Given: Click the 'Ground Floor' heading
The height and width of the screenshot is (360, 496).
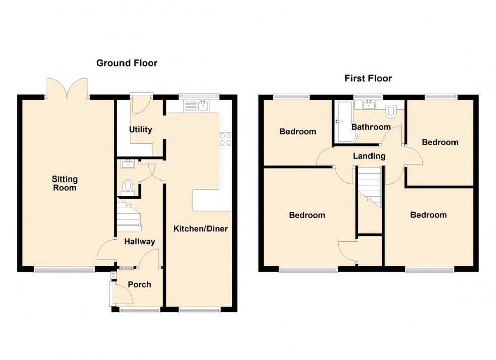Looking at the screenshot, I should click(x=127, y=63).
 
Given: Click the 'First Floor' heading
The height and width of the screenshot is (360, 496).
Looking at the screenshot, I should click(x=368, y=78).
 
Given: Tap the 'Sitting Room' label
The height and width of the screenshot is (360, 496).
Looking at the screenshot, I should click(x=65, y=183).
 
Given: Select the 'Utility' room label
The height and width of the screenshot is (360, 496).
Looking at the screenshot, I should click(x=140, y=130).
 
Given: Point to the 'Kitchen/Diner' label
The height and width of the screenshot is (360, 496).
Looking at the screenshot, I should click(x=200, y=229).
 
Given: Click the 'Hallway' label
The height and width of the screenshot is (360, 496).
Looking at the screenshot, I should click(x=140, y=242).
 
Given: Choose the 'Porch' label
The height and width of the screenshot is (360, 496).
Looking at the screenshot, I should click(x=139, y=284).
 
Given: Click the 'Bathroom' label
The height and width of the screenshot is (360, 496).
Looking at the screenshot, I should click(x=370, y=127).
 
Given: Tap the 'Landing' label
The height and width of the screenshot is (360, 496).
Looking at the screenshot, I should click(x=369, y=156).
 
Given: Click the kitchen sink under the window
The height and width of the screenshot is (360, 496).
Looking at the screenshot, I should click(x=198, y=106).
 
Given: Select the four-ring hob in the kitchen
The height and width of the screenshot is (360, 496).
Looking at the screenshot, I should click(x=225, y=138).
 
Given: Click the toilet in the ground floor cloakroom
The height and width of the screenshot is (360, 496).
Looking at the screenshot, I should click(x=127, y=187).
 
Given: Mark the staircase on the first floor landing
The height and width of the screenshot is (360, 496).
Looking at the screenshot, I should click(x=369, y=185).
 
